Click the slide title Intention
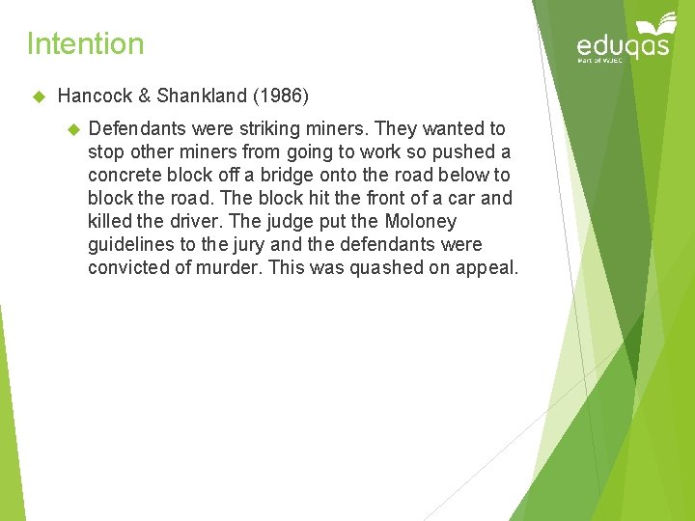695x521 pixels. coord(85,43)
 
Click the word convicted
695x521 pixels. coord(126,267)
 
